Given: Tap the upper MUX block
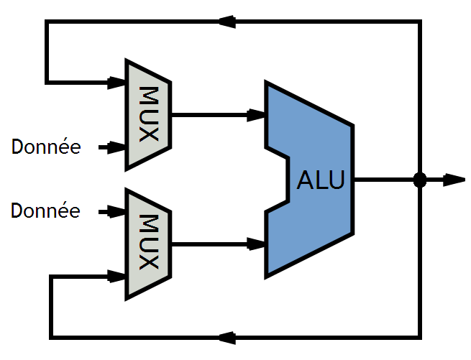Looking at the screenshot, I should (147, 115).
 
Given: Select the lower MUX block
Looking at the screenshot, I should (147, 243).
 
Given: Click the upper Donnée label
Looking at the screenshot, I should (46, 147).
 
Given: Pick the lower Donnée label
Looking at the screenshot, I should (46, 211).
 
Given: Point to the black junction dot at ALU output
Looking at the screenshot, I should (421, 180).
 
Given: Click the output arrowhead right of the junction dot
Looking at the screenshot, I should (454, 180).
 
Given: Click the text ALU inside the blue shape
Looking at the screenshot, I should (321, 180).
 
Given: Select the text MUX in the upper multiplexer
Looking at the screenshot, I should (148, 115).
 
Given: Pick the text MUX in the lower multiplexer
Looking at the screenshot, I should (148, 243).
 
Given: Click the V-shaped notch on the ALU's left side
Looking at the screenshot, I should (279, 180).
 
